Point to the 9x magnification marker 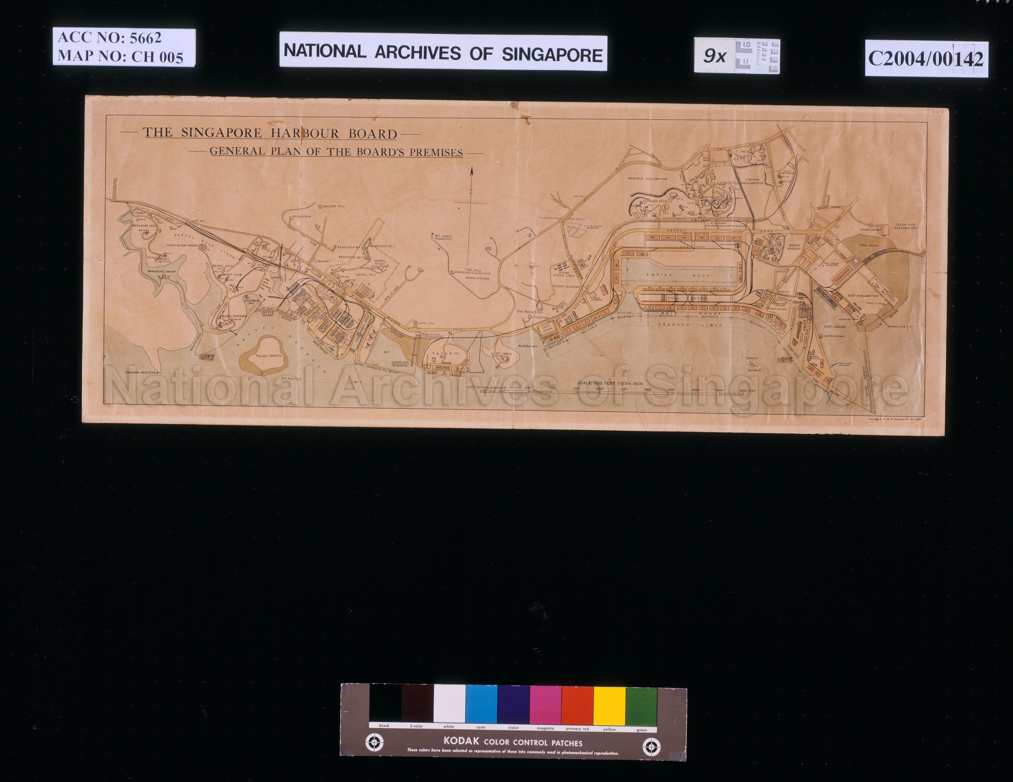coord(714,56)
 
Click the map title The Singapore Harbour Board coord(270,133)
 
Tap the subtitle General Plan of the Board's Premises coord(336,152)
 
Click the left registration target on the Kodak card coord(374,743)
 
